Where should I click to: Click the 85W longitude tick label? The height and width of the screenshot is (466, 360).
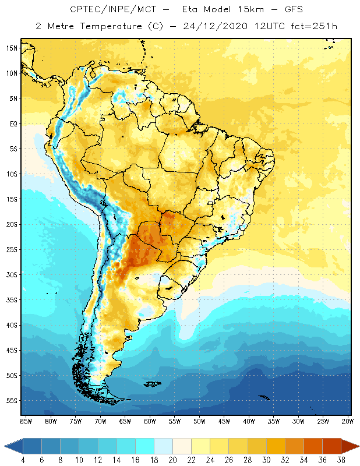[26, 421]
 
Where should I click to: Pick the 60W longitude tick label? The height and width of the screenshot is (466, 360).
[150, 421]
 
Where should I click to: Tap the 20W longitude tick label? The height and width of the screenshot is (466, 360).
[348, 421]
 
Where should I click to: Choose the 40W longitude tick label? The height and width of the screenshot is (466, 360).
[249, 421]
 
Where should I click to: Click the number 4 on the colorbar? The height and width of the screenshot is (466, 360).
[23, 460]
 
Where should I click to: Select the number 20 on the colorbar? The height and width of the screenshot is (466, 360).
[173, 460]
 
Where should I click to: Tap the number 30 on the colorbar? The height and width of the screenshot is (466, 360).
[266, 460]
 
